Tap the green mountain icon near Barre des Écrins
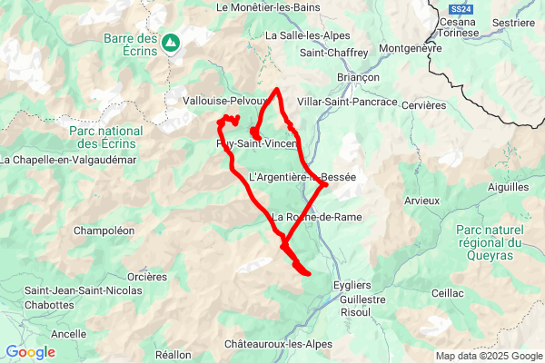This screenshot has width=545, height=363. tap(171, 42)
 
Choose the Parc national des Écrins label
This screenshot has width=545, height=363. tap(105, 137)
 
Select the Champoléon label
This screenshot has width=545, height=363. tap(104, 231)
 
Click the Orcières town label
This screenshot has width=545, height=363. tap(146, 276)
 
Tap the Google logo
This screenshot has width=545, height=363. tap(30, 351)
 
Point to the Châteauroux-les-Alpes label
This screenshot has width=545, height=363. tap(278, 345)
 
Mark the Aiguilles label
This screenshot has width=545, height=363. tap(507, 187)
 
